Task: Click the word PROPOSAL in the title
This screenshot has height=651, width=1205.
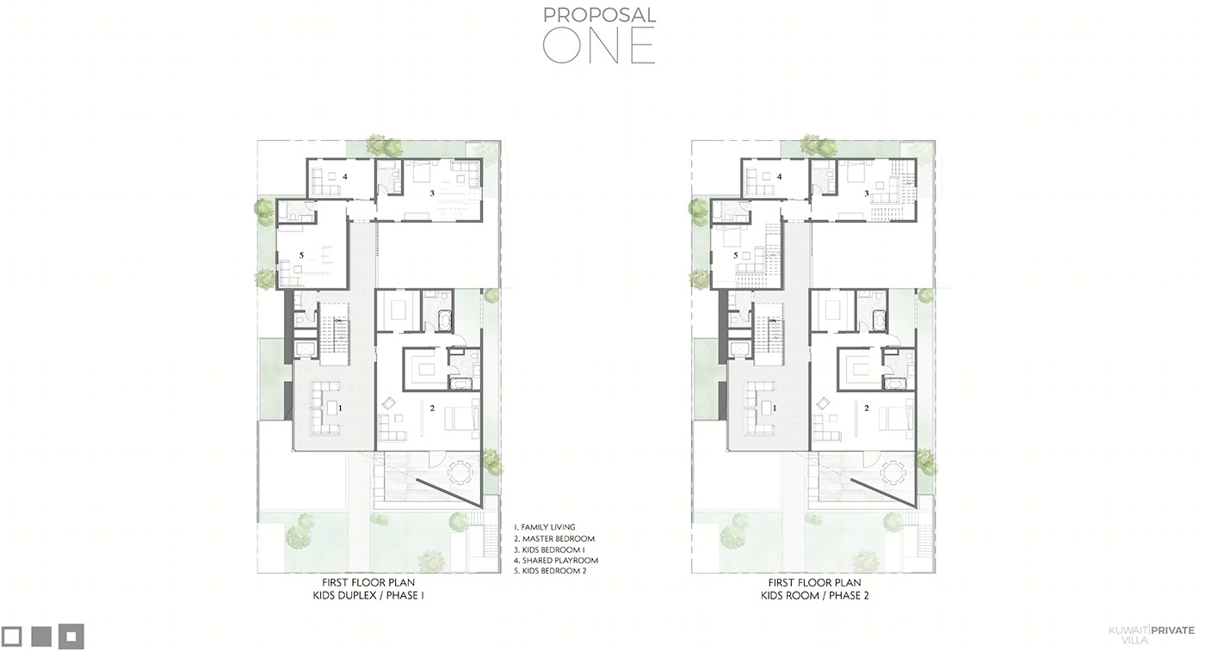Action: tap(599, 15)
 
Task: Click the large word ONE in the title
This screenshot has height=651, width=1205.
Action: tap(599, 46)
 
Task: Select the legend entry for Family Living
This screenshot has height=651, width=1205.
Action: tap(544, 527)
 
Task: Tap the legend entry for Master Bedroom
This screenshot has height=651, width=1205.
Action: tap(554, 538)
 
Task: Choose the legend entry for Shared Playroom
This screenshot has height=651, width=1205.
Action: tap(556, 560)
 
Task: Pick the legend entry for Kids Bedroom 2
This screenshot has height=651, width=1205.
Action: tap(550, 571)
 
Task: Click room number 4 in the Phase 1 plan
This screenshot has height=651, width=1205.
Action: tap(345, 176)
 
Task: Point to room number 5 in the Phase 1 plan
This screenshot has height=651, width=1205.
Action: tap(301, 255)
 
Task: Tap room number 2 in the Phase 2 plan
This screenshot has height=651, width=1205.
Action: tap(867, 408)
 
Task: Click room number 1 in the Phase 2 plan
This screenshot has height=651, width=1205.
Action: tap(775, 408)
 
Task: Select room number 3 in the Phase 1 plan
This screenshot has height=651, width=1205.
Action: tap(432, 193)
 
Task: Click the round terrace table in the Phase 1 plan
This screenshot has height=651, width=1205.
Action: tap(460, 474)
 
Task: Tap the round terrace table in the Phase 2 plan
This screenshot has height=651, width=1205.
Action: tap(893, 474)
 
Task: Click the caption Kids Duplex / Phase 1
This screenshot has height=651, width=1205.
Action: tap(368, 596)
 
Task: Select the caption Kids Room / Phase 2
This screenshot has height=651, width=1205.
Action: tap(815, 596)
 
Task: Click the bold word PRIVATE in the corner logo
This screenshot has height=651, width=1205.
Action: tap(1173, 630)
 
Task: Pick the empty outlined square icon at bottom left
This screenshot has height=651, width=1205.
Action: tap(11, 636)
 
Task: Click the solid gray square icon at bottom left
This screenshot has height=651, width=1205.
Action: tap(41, 636)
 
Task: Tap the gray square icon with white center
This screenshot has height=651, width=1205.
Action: tap(71, 636)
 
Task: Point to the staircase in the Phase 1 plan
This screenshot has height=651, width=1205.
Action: tap(335, 335)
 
